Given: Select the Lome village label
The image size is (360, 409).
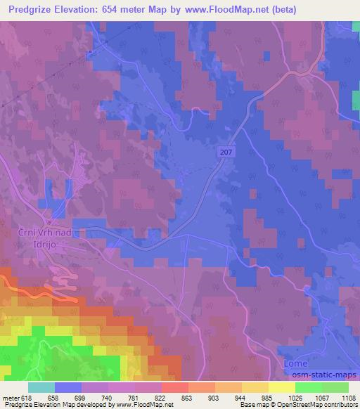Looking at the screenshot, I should click(295, 363).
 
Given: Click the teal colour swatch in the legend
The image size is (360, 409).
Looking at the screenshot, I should click(41, 387).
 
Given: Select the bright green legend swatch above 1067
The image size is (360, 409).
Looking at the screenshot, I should click(308, 387).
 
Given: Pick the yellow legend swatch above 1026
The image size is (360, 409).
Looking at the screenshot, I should click(281, 387).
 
